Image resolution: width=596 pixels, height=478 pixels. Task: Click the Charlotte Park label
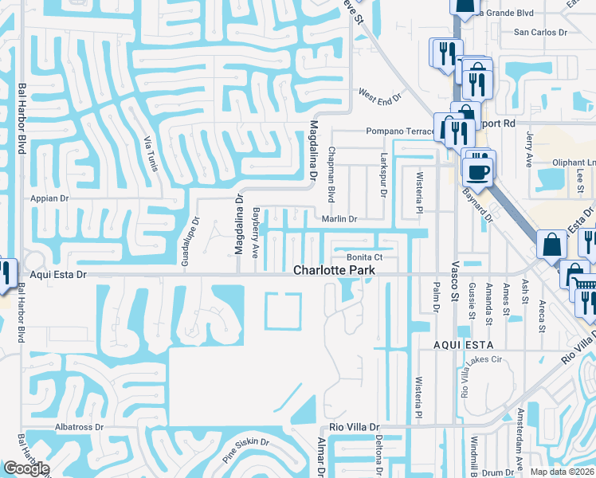[334, 270]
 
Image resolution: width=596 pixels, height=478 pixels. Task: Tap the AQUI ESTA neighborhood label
[464, 344]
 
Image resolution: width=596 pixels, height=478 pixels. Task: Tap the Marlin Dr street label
[339, 218]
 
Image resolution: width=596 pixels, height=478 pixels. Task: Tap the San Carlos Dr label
[539, 33]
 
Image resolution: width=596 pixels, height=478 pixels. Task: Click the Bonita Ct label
[365, 257]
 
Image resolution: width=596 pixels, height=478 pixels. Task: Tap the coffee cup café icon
[479, 171]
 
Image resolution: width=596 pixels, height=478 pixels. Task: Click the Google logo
[26, 468]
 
